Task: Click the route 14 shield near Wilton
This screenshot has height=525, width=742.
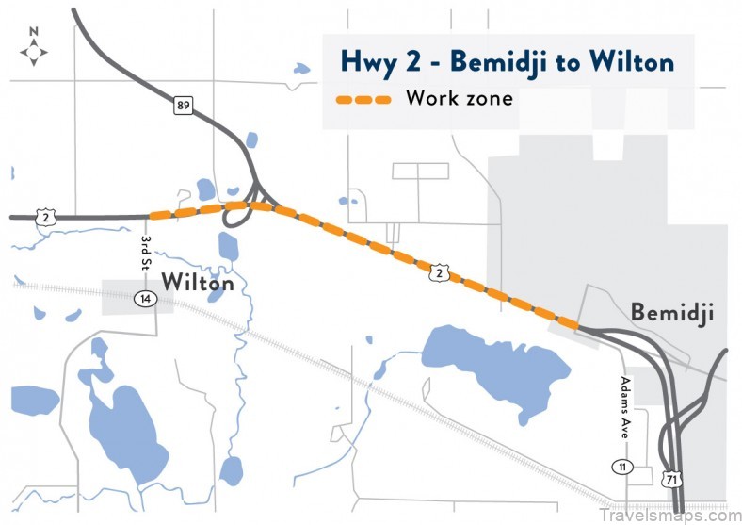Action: pos(145,299)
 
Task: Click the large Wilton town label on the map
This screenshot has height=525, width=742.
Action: pos(197,281)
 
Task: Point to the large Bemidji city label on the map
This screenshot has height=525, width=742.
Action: pos(671,312)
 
